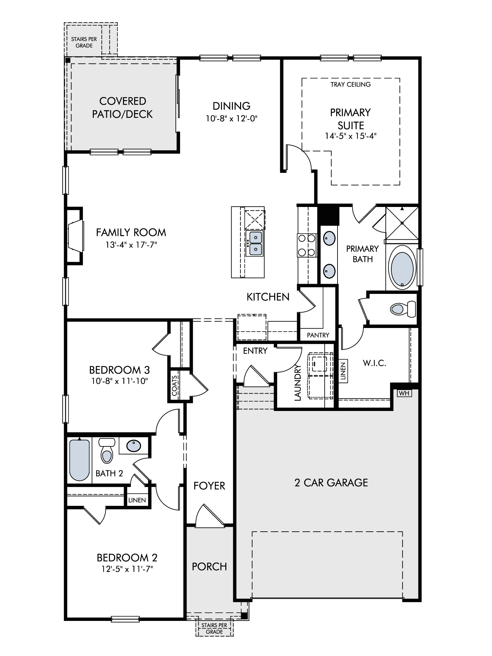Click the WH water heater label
pos(404,393)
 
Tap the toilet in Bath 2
pos(107,451)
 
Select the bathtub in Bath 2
pos(79,460)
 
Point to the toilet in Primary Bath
pos(403,309)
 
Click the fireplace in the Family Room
pos(75,236)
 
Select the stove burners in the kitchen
pos(307,245)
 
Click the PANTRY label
pos(318,335)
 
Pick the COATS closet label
pos(174,385)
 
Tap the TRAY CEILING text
pos(351,84)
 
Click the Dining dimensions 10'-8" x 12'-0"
pos(232,118)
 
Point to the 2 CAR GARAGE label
pos(331,482)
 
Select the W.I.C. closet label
pos(374,363)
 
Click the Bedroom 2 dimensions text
pos(127,569)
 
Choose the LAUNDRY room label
pos(297,383)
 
